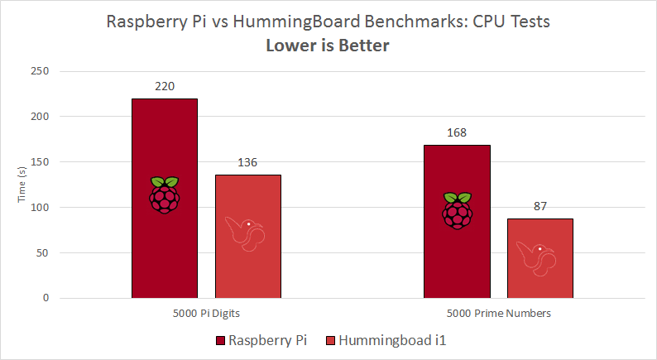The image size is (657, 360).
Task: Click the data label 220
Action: (x=165, y=86)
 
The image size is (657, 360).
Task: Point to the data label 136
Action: (x=248, y=161)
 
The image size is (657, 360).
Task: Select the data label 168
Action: (x=457, y=132)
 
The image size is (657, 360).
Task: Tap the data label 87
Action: (x=540, y=205)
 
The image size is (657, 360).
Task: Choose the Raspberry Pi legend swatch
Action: (x=220, y=340)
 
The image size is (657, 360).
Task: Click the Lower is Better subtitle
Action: (x=328, y=46)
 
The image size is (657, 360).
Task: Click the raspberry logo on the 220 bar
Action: (x=165, y=195)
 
